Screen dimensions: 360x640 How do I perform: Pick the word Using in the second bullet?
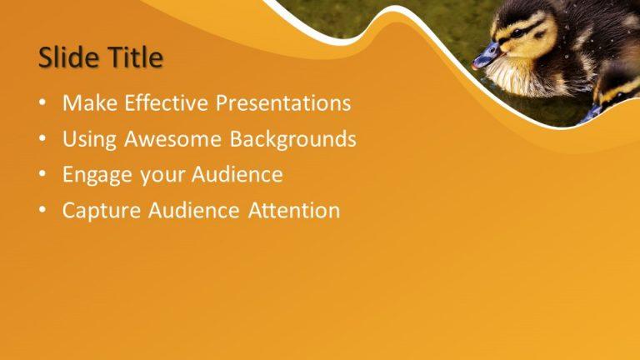click(90, 139)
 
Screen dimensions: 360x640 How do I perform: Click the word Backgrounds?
click(293, 139)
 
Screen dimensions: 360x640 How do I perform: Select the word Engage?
click(94, 176)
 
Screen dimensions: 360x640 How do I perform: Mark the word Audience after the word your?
click(237, 175)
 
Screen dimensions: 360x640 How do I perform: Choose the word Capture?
click(102, 211)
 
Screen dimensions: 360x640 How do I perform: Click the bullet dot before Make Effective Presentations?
click(42, 104)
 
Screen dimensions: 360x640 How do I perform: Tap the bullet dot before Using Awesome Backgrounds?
click(42, 140)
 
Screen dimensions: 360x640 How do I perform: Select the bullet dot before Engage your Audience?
click(42, 176)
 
